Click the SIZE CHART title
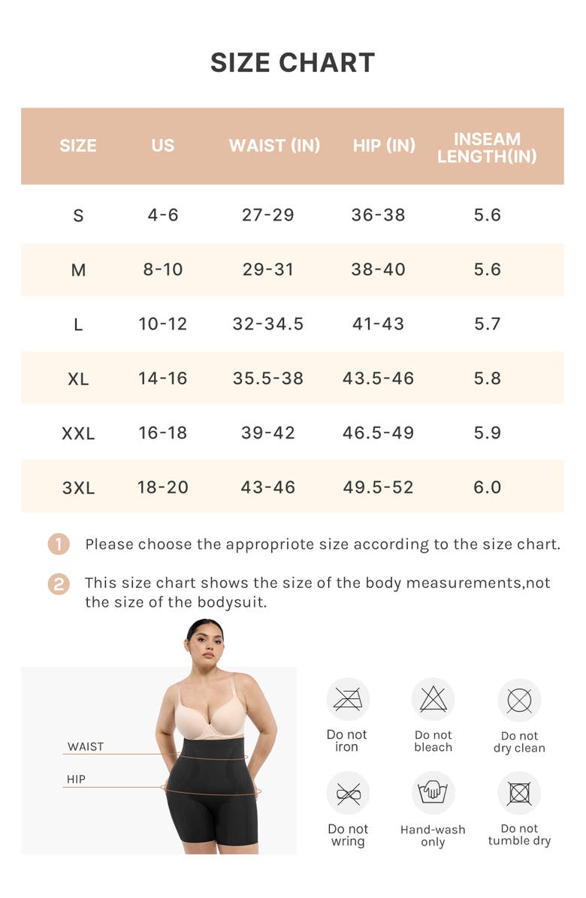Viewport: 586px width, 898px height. [292, 63]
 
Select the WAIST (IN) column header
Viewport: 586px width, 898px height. [274, 146]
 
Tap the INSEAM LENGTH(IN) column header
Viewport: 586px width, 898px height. [487, 147]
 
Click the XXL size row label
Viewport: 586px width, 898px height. [78, 433]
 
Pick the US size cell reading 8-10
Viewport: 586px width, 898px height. [163, 270]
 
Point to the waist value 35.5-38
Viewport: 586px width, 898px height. [268, 378]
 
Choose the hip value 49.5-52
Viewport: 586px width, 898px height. [378, 487]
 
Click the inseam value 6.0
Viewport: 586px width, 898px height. [487, 487]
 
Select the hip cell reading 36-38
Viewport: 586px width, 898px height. [378, 215]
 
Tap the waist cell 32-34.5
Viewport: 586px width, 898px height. [268, 324]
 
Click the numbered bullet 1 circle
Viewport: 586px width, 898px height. [59, 544]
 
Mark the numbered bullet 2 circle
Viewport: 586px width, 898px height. [59, 584]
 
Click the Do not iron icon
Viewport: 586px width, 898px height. [348, 700]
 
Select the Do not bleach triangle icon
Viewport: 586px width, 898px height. [433, 700]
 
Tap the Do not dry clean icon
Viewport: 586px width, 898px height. [519, 701]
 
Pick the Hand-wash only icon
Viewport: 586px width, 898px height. [433, 793]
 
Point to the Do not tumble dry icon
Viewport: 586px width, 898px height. [519, 793]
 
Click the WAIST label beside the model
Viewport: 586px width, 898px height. [86, 746]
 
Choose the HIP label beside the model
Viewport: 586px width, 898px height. [76, 779]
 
